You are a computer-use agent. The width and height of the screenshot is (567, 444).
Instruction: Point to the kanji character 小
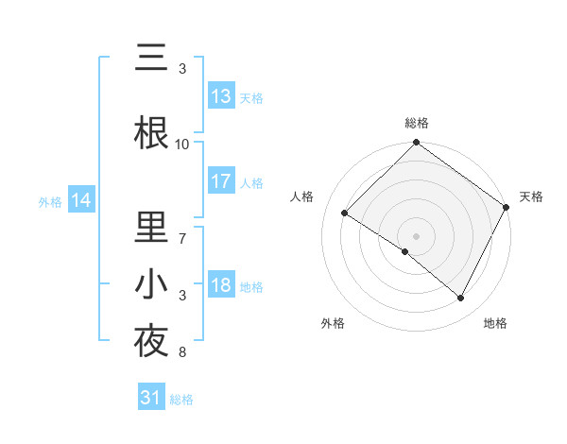(152, 284)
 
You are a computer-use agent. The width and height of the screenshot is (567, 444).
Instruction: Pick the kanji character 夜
(152, 341)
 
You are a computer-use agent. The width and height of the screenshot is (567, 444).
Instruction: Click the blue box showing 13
(221, 96)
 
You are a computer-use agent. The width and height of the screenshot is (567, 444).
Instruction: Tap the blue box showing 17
(221, 182)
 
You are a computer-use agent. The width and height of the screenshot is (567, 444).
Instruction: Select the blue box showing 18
(221, 286)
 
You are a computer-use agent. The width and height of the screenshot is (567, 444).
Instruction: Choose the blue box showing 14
(81, 200)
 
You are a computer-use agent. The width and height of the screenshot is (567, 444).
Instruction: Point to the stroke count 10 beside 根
(182, 144)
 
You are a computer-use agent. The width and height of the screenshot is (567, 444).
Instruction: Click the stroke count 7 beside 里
(182, 230)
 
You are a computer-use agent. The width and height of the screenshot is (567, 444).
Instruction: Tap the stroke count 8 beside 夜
(182, 352)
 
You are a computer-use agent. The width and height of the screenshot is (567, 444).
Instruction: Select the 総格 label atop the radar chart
(417, 123)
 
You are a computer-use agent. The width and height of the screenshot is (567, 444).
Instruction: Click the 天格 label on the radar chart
(531, 196)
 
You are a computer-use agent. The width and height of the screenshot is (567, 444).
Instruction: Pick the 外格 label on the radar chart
(333, 323)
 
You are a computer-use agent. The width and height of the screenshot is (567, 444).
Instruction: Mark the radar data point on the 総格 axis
(417, 144)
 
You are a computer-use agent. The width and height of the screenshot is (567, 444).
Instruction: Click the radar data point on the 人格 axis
(344, 213)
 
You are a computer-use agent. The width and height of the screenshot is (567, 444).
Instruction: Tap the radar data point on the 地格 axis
(461, 299)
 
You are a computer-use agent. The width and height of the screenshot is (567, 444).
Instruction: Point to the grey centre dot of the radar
(417, 235)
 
